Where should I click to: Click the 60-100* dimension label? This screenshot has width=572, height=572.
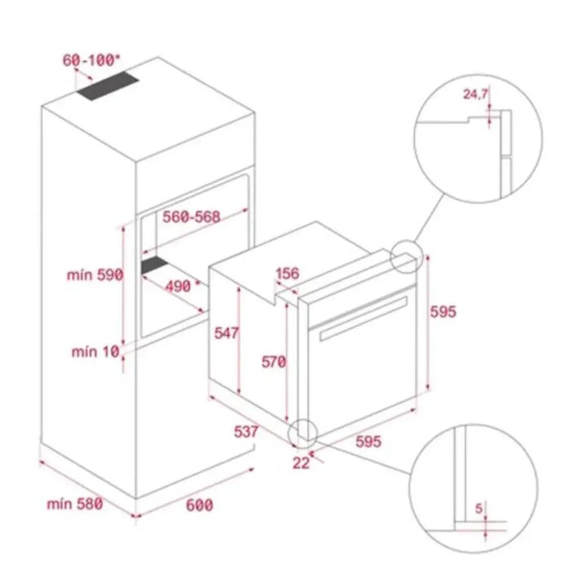click(91, 60)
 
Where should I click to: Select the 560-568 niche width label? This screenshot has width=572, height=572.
click(190, 217)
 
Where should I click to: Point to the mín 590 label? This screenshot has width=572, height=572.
click(94, 275)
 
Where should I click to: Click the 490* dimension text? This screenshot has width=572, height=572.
click(177, 286)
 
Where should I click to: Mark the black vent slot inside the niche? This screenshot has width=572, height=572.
click(156, 266)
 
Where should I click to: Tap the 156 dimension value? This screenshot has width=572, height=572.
click(287, 274)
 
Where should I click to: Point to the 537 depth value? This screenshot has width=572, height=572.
click(244, 431)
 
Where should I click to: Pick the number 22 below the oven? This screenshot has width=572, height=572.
click(301, 463)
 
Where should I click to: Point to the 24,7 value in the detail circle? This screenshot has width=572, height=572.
click(476, 95)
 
